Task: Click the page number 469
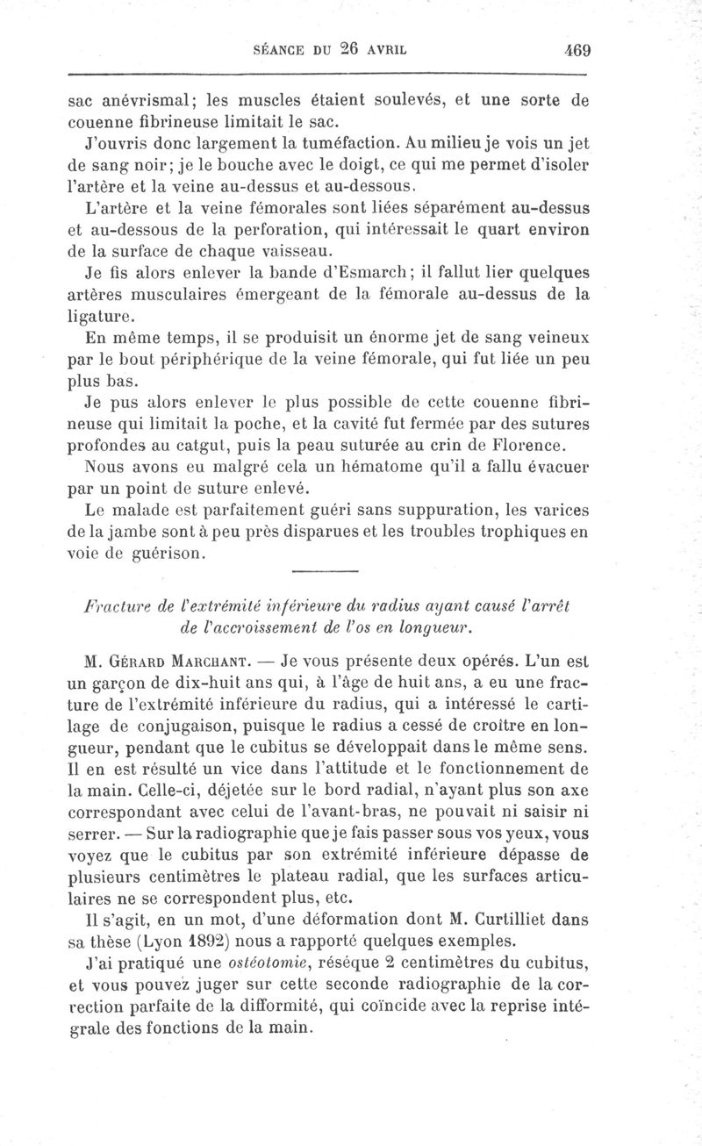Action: [x=578, y=50]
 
